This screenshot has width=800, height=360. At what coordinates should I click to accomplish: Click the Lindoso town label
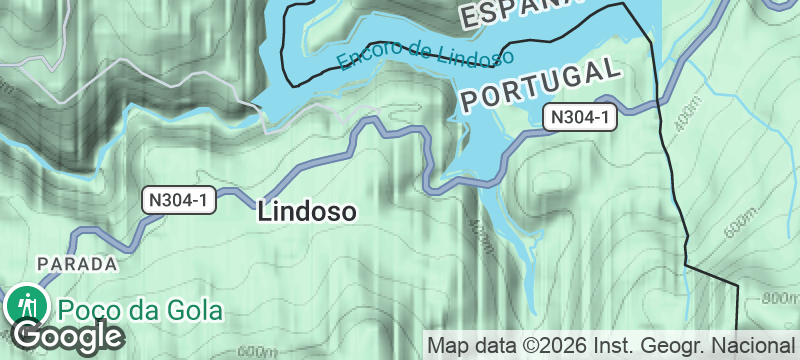(x=307, y=212)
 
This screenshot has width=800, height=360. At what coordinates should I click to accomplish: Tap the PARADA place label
(x=77, y=264)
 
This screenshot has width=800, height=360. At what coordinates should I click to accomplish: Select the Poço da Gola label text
(x=140, y=310)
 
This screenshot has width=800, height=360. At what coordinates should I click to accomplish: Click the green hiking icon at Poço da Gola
(x=25, y=302)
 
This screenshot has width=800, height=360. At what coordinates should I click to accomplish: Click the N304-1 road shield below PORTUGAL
(x=580, y=118)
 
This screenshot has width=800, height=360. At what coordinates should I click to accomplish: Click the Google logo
(x=68, y=335)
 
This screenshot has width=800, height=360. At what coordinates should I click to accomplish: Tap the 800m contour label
(x=780, y=299)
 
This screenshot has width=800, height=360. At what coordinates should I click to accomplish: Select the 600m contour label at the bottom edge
(x=257, y=352)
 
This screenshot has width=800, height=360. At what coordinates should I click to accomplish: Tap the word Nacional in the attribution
(x=757, y=346)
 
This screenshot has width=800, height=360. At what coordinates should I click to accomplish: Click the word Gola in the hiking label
(x=195, y=310)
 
